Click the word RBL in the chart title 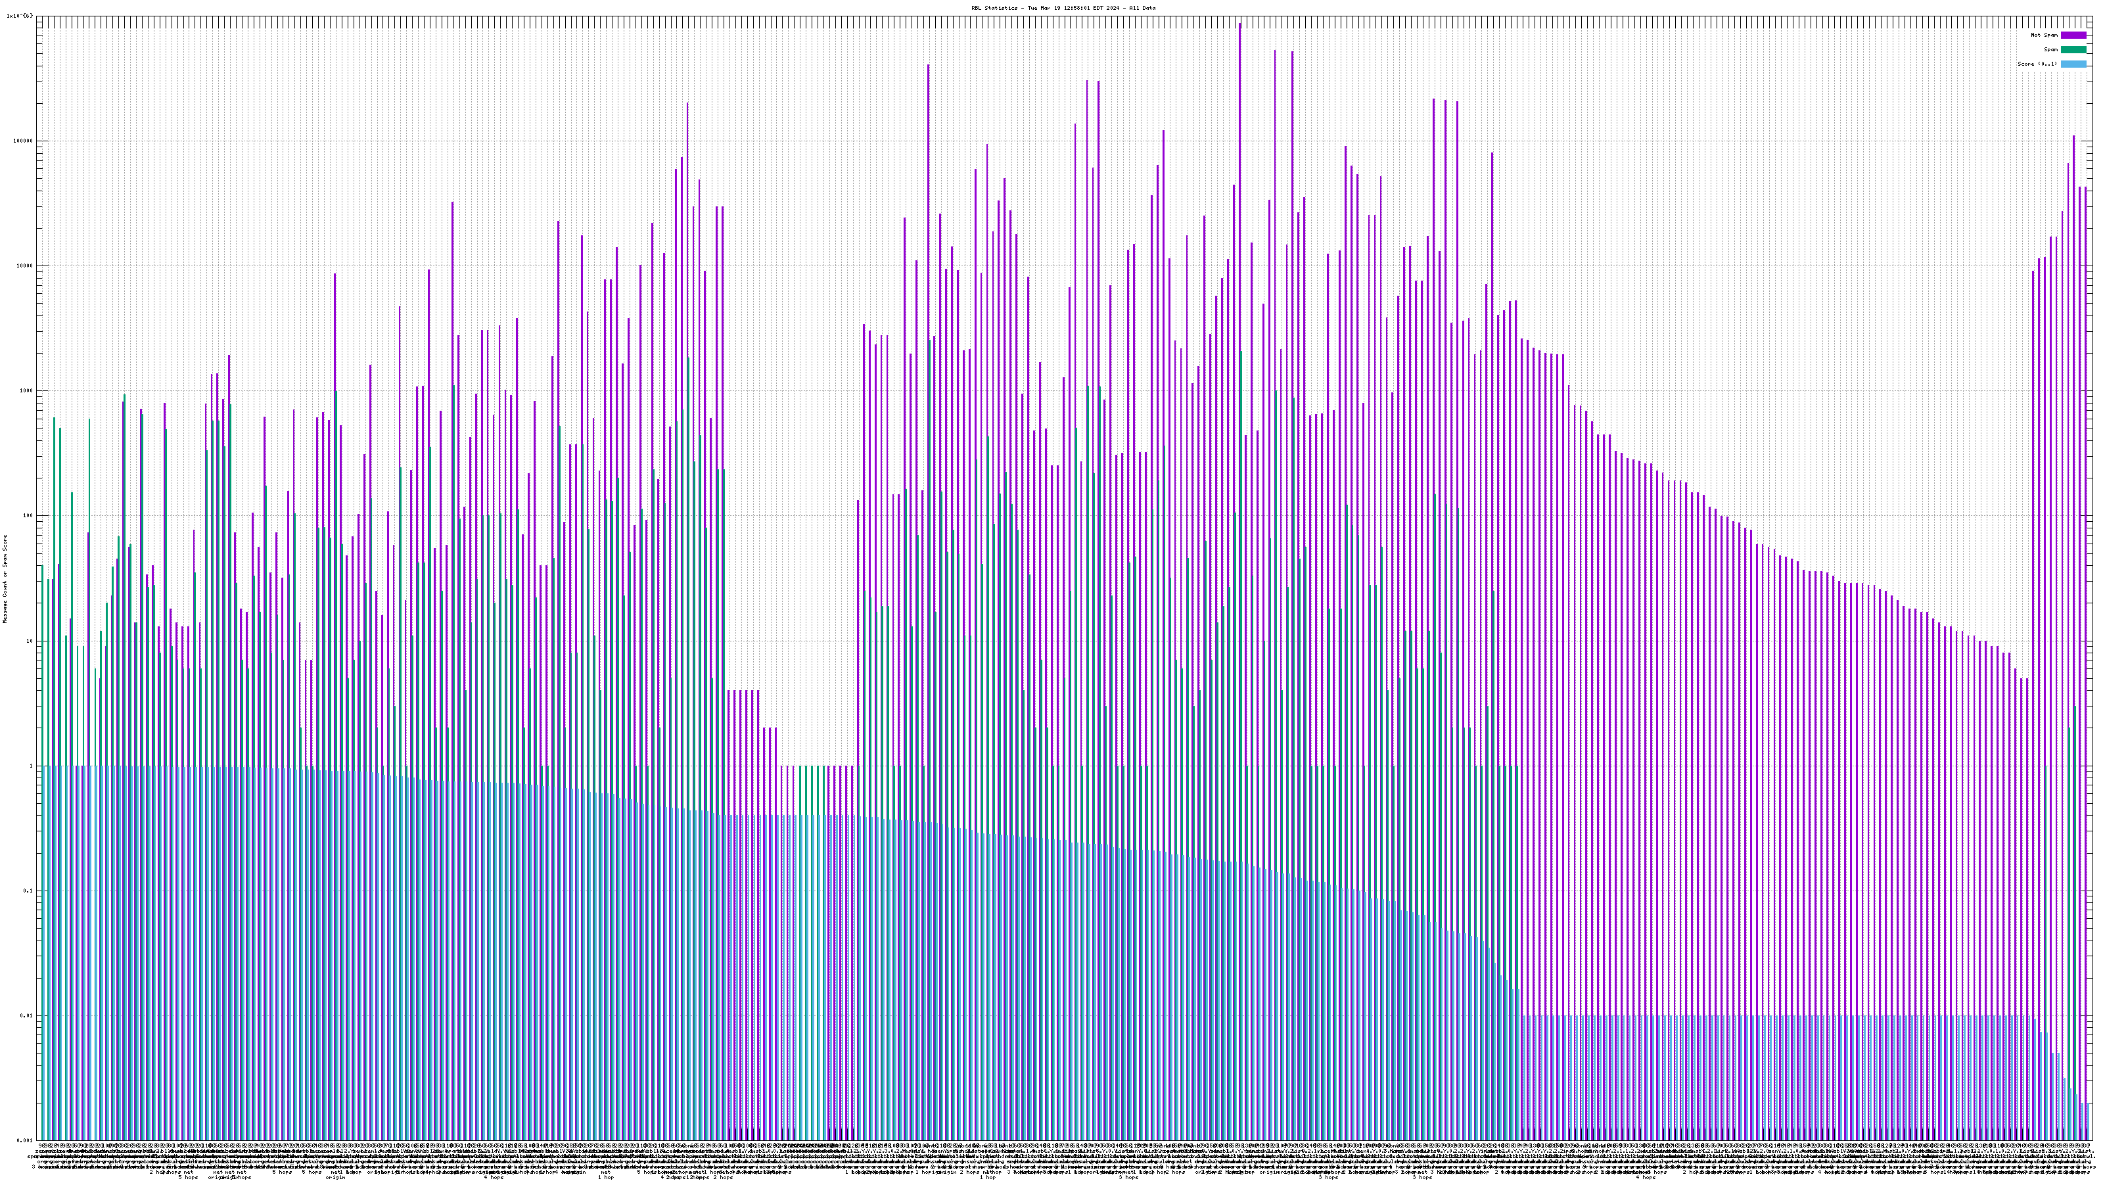pyautogui.click(x=975, y=8)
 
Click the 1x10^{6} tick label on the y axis pyautogui.click(x=20, y=16)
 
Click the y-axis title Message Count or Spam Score pyautogui.click(x=5, y=579)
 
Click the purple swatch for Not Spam pyautogui.click(x=2073, y=35)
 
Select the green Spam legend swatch pyautogui.click(x=2073, y=50)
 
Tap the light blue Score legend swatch pyautogui.click(x=2073, y=64)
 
